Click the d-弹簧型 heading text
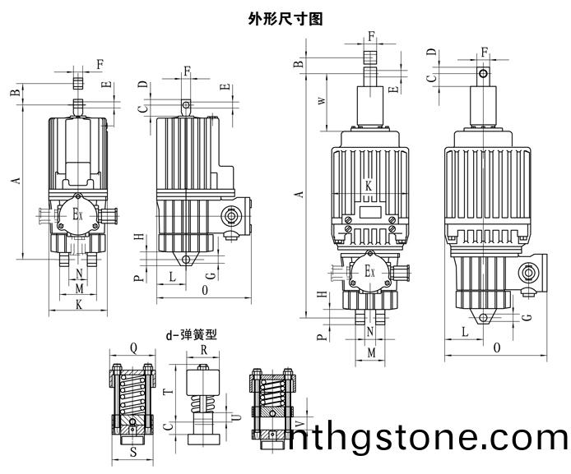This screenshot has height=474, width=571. (191, 334)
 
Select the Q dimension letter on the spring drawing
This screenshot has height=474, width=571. (133, 347)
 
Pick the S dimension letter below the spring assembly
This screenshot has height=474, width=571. (132, 452)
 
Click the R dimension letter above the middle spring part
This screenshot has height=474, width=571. (203, 348)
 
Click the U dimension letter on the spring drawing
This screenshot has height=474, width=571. (236, 417)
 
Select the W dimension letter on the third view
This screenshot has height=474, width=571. (323, 101)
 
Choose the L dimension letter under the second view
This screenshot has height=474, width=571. (172, 277)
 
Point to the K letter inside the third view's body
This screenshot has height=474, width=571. (369, 186)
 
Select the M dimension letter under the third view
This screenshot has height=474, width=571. (370, 352)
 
